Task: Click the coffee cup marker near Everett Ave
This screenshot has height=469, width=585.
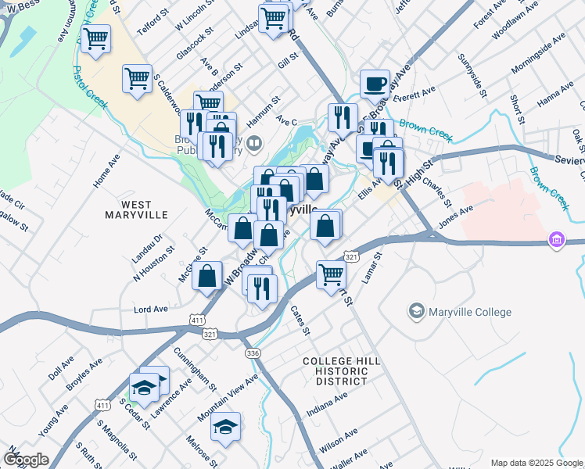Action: (x=375, y=84)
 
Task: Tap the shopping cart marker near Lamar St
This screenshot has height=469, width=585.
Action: (x=331, y=274)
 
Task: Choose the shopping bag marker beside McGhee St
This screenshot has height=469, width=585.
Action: (x=207, y=277)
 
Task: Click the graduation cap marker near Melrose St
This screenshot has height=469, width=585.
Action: (x=225, y=427)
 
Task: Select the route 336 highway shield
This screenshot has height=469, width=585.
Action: (x=252, y=353)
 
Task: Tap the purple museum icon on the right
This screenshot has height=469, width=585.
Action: (x=556, y=239)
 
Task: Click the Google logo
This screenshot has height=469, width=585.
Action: (x=26, y=460)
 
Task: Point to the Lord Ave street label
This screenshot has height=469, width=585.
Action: (x=151, y=309)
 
